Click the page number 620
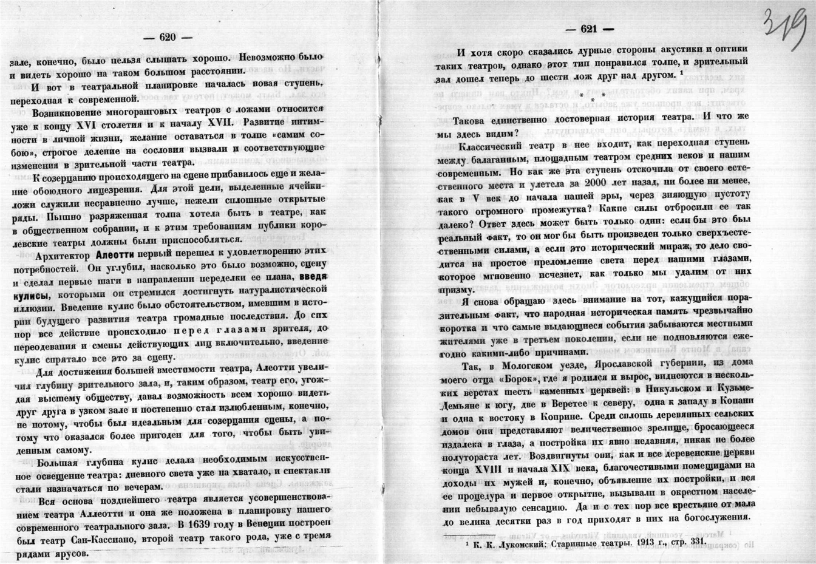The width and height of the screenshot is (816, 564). point(167,37)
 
